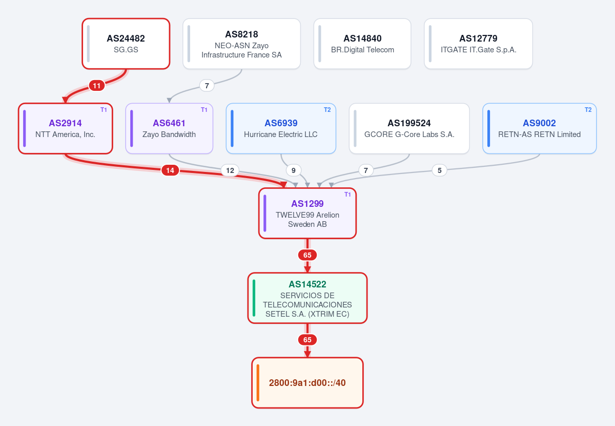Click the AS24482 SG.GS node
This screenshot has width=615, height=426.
[126, 44]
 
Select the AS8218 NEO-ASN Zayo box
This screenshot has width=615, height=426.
[241, 44]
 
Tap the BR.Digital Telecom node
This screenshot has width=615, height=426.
[362, 44]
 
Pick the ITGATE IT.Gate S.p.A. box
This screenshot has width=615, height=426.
[478, 44]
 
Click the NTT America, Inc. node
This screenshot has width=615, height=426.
[66, 128]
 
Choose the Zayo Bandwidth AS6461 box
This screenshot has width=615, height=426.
[169, 128]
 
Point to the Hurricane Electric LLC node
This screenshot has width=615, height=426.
[281, 128]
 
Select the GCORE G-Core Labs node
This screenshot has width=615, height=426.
[409, 128]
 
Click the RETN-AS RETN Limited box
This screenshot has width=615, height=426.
[540, 128]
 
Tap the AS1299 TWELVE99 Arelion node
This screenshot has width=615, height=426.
[307, 213]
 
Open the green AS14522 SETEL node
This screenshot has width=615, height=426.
[307, 298]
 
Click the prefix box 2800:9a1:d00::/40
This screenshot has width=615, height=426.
[307, 382]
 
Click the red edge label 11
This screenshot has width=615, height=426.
[97, 86]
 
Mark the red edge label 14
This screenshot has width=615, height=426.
[170, 170]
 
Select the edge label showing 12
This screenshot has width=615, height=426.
[230, 170]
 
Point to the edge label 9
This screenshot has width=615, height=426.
[294, 170]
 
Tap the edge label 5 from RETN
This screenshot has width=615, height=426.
[440, 170]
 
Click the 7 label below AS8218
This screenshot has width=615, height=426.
[207, 86]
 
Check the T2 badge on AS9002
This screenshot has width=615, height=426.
[588, 110]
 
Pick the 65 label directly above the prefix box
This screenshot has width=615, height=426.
[307, 340]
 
